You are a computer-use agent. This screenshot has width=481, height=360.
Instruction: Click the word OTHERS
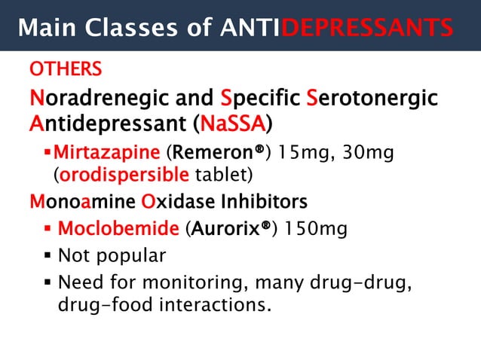pos(66,70)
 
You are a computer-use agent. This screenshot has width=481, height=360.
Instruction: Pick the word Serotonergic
pos(372,98)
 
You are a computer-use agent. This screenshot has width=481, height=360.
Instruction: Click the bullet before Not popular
pos(47,255)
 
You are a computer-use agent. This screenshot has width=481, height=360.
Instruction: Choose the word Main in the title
pos(46,28)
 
